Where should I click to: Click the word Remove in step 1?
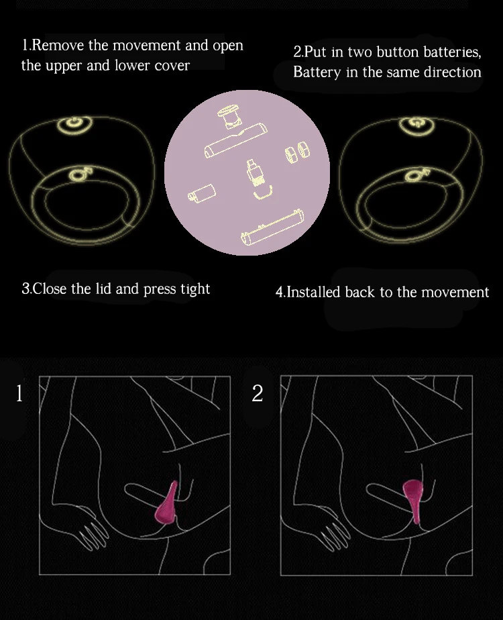tap(58, 45)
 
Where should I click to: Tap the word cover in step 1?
tap(172, 66)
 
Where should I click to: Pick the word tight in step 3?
tap(195, 289)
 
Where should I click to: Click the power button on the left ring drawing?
tap(74, 123)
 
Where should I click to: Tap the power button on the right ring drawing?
tap(417, 123)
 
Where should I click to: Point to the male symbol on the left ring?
tap(81, 174)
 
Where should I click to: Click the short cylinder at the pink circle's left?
tap(202, 193)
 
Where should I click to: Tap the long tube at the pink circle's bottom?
tap(273, 227)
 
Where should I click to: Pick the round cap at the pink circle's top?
tap(229, 116)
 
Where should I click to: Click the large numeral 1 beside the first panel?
tap(19, 393)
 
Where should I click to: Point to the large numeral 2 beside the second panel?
tap(258, 393)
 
